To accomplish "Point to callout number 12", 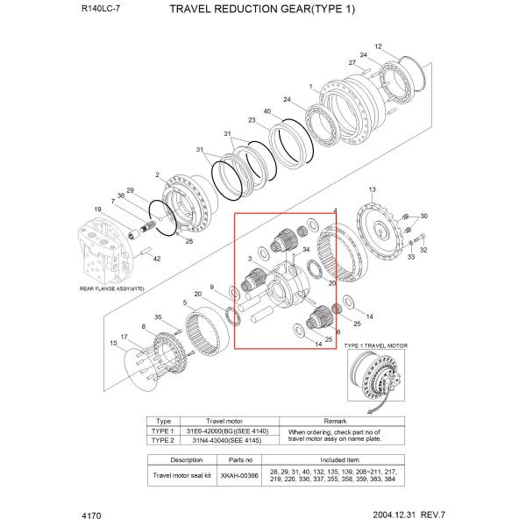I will (x=378, y=46).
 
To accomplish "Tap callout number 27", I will (x=352, y=63).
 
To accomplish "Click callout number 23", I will (x=252, y=120).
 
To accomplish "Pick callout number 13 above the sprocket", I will (x=372, y=188).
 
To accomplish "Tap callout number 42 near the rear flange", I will (x=157, y=259).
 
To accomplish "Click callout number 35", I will (x=158, y=316).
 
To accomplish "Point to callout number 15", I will (x=113, y=344).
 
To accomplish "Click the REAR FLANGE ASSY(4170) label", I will (x=111, y=288).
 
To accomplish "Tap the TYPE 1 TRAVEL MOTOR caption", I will (x=377, y=346).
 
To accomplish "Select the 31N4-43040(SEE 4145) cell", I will (x=228, y=441).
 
